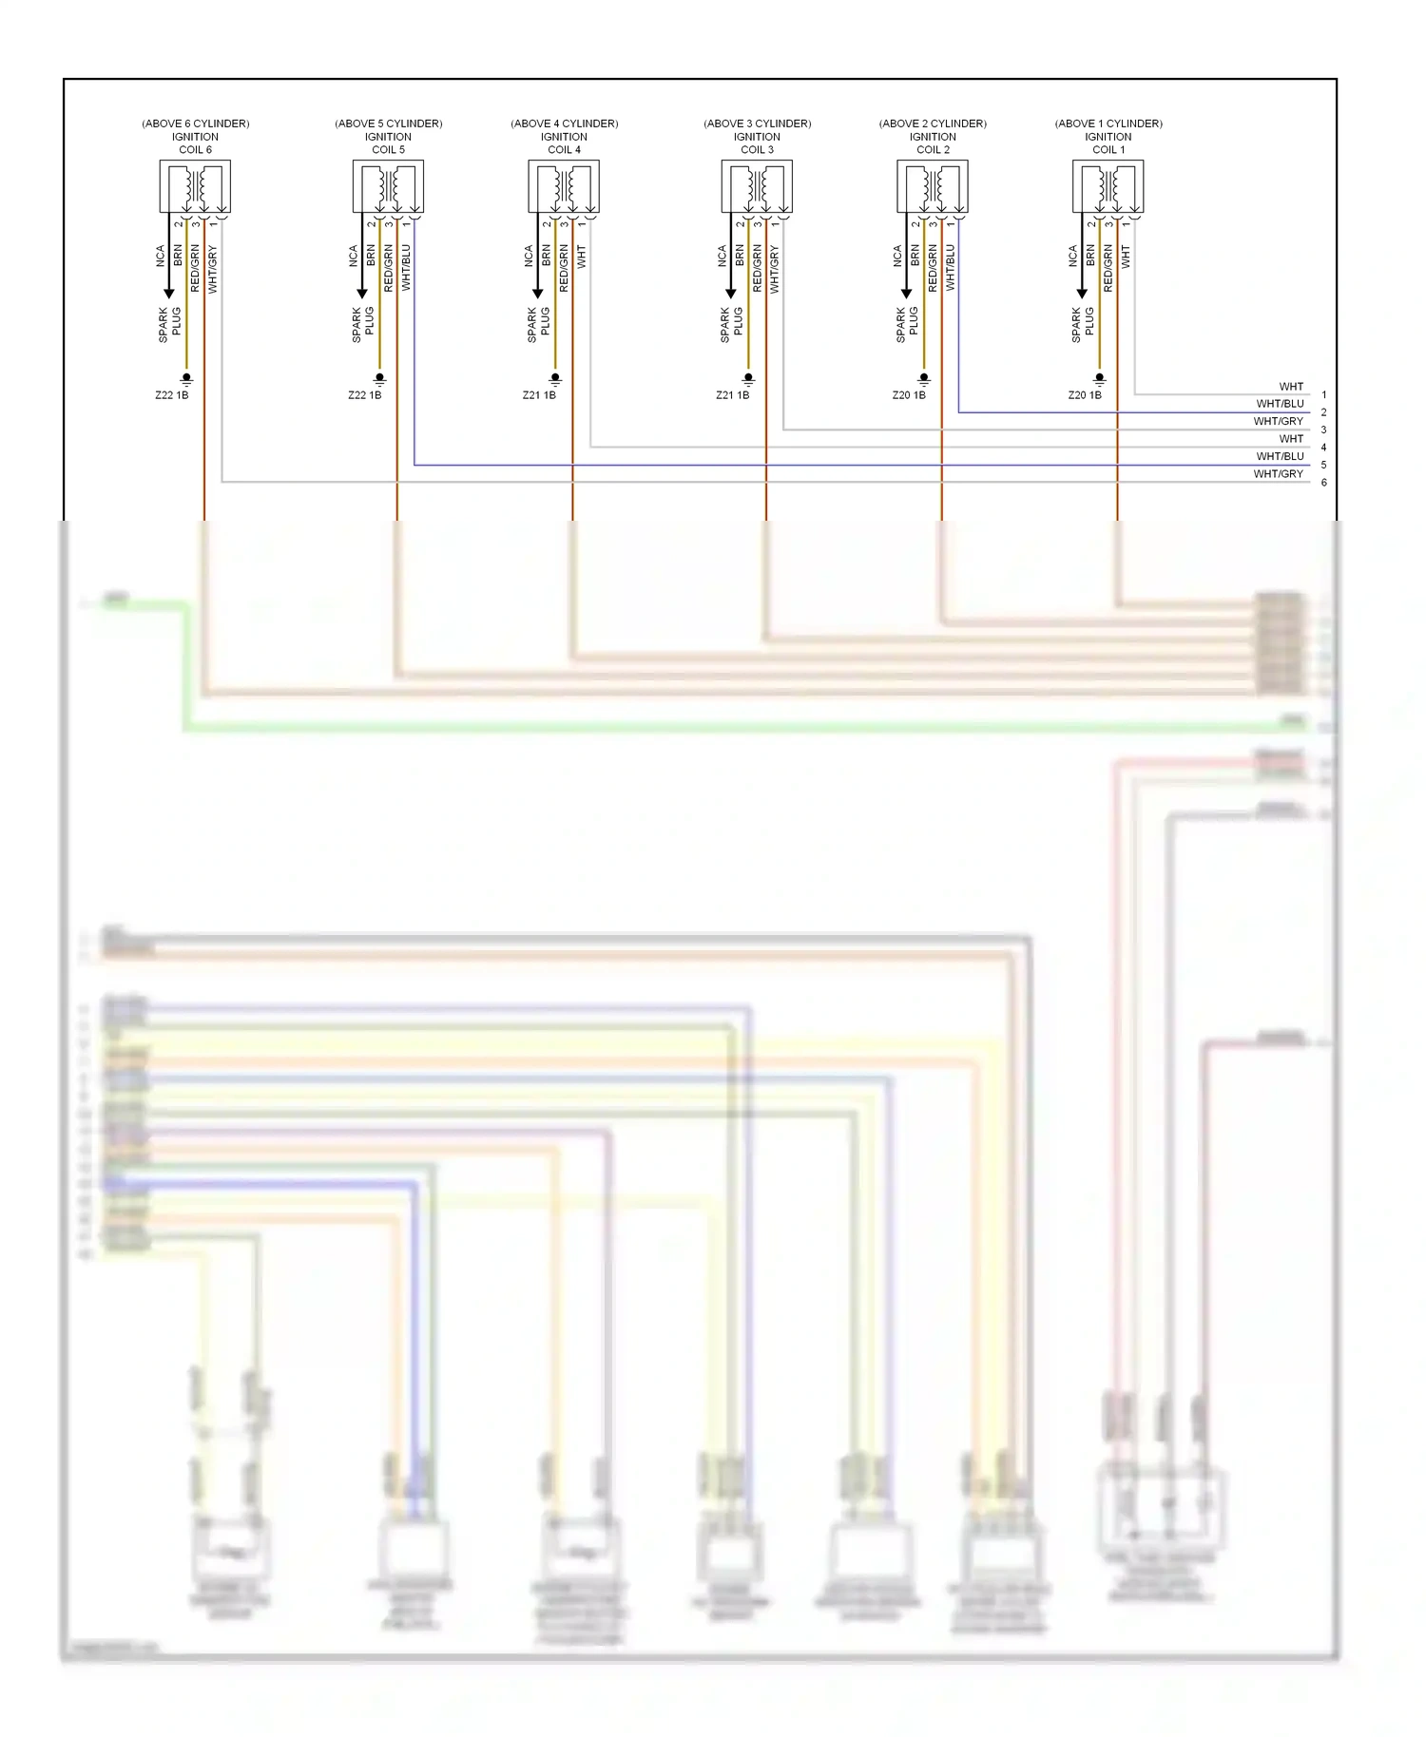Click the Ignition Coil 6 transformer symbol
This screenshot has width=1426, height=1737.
pyautogui.click(x=195, y=187)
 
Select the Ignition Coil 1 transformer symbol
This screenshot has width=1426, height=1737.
pyautogui.click(x=1108, y=187)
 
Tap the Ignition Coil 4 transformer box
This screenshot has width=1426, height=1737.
pyautogui.click(x=564, y=187)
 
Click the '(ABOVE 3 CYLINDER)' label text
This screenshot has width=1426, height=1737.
pyautogui.click(x=757, y=124)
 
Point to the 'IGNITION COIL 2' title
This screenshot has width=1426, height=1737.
pyautogui.click(x=933, y=143)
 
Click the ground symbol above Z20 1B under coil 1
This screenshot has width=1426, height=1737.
pyautogui.click(x=1100, y=379)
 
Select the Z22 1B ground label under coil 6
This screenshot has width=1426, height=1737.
pyautogui.click(x=172, y=395)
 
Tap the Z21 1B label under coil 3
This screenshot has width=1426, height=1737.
pyautogui.click(x=732, y=395)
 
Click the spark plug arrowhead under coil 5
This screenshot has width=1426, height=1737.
pyautogui.click(x=362, y=294)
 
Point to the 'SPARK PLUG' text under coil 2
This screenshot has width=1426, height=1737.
pyautogui.click(x=907, y=324)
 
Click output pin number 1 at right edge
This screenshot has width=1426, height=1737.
pyautogui.click(x=1323, y=395)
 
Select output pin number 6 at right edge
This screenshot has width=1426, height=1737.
pyautogui.click(x=1323, y=483)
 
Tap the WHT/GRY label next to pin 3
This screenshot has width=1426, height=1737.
pyautogui.click(x=1278, y=421)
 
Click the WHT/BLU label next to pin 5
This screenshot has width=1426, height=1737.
pyautogui.click(x=1280, y=456)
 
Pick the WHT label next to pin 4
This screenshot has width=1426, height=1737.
pyautogui.click(x=1290, y=439)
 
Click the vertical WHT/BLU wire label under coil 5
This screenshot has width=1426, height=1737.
pyautogui.click(x=406, y=268)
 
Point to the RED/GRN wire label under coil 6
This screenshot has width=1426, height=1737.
pyautogui.click(x=195, y=268)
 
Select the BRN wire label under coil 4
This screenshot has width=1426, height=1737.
pyautogui.click(x=547, y=255)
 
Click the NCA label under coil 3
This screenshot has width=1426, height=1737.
pyautogui.click(x=722, y=255)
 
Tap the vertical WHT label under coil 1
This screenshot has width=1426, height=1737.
pyautogui.click(x=1126, y=255)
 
